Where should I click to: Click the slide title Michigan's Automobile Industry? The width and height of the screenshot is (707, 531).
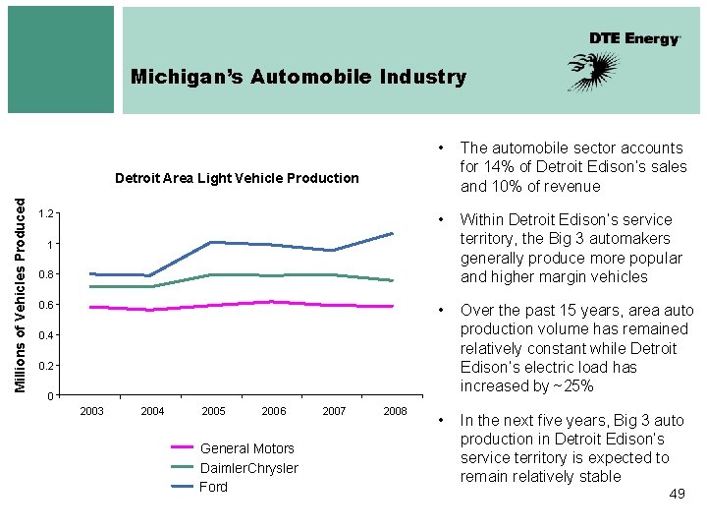click(x=299, y=77)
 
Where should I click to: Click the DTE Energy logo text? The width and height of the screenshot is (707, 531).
click(x=634, y=38)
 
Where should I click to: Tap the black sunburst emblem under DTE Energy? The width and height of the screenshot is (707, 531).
click(x=594, y=72)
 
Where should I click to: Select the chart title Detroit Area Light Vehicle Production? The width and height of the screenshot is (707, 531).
click(x=237, y=178)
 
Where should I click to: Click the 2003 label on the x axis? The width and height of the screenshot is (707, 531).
click(x=91, y=411)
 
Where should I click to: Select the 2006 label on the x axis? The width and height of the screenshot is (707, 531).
click(x=274, y=411)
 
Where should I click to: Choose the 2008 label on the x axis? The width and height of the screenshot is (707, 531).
click(x=395, y=411)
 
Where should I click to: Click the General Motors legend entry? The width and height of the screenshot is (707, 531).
click(x=246, y=448)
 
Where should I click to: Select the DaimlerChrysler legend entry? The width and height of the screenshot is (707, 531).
click(x=248, y=468)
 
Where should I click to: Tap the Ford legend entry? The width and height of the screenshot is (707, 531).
click(x=213, y=487)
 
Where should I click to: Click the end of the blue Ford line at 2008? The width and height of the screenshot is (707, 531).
click(x=393, y=233)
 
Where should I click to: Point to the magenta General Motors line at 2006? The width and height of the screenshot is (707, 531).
click(x=273, y=302)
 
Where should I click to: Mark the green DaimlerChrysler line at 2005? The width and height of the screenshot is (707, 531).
click(x=212, y=275)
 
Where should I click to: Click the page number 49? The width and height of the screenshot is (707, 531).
click(x=677, y=494)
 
